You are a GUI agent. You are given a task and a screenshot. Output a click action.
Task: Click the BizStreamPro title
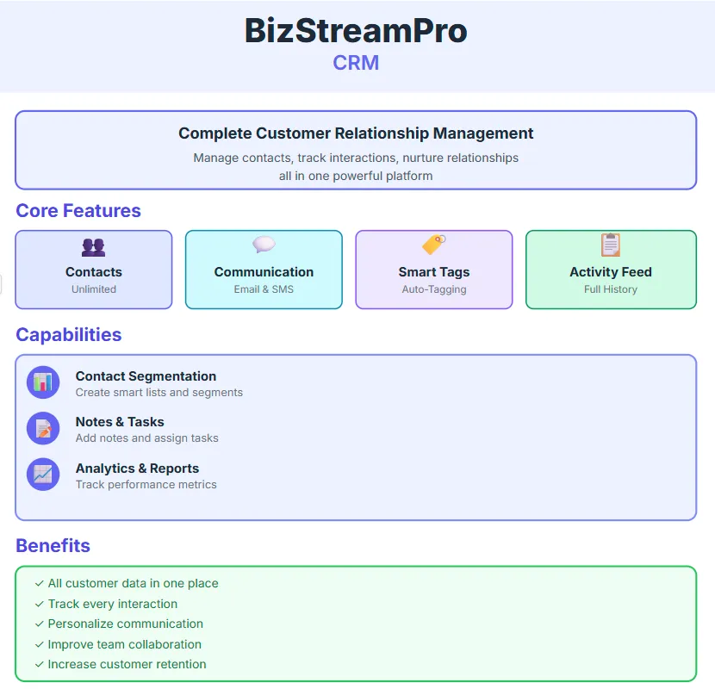tap(356, 31)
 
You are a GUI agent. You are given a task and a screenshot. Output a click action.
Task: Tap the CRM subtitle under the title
tap(356, 63)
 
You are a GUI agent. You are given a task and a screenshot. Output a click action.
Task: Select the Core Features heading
tap(78, 211)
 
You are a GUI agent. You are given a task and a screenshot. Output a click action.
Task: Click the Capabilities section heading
tap(69, 335)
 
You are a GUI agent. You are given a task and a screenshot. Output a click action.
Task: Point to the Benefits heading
tap(53, 545)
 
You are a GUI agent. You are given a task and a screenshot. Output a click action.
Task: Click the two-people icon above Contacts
tap(93, 247)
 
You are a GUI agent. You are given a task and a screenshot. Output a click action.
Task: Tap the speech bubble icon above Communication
tap(264, 245)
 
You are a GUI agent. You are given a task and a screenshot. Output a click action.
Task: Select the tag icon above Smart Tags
tap(433, 245)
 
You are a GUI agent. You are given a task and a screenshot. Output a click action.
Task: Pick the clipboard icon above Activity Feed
tap(610, 245)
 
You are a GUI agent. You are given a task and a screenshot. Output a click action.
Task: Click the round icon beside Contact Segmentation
tap(43, 382)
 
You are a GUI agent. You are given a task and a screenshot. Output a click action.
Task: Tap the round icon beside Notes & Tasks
tap(43, 428)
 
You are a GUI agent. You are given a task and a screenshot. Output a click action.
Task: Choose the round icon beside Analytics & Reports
tap(43, 474)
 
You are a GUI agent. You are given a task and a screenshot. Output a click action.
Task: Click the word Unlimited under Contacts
tap(94, 289)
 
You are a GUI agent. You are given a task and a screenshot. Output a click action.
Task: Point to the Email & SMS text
tap(264, 289)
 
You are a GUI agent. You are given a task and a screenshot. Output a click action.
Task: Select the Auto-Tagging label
tap(434, 289)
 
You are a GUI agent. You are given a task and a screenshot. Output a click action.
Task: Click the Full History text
tap(611, 289)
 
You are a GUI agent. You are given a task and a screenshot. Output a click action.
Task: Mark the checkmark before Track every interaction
tap(40, 604)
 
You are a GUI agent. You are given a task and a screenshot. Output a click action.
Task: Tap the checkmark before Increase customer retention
tap(40, 664)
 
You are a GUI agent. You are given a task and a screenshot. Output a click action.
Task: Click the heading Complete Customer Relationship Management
tap(356, 133)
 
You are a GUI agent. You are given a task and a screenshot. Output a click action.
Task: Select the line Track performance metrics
tap(146, 485)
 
